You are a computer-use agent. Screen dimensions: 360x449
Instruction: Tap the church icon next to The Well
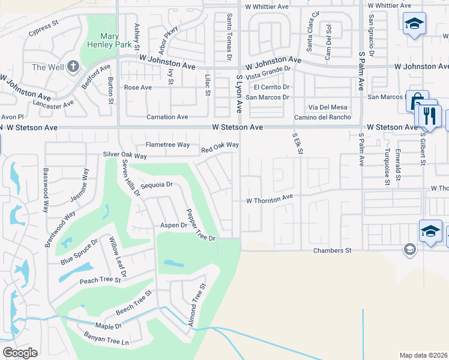click(73, 66)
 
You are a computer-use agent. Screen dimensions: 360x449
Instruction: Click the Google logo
click(20, 352)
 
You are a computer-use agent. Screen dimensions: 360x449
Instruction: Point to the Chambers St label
click(332, 250)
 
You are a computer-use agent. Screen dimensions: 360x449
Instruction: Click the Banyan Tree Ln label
click(106, 342)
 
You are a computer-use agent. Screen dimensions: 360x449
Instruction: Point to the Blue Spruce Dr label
click(79, 252)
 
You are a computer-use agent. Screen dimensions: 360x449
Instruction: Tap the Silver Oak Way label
click(125, 155)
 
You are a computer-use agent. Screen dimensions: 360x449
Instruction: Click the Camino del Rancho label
click(322, 117)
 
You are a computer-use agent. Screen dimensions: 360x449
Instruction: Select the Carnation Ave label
click(168, 117)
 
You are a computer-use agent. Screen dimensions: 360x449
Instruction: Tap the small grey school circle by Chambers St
click(410, 250)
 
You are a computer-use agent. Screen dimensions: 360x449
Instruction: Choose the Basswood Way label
click(45, 190)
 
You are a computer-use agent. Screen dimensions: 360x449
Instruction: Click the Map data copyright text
click(423, 355)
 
